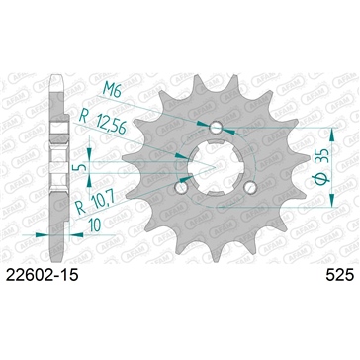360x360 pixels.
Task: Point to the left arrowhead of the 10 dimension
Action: (38, 234)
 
